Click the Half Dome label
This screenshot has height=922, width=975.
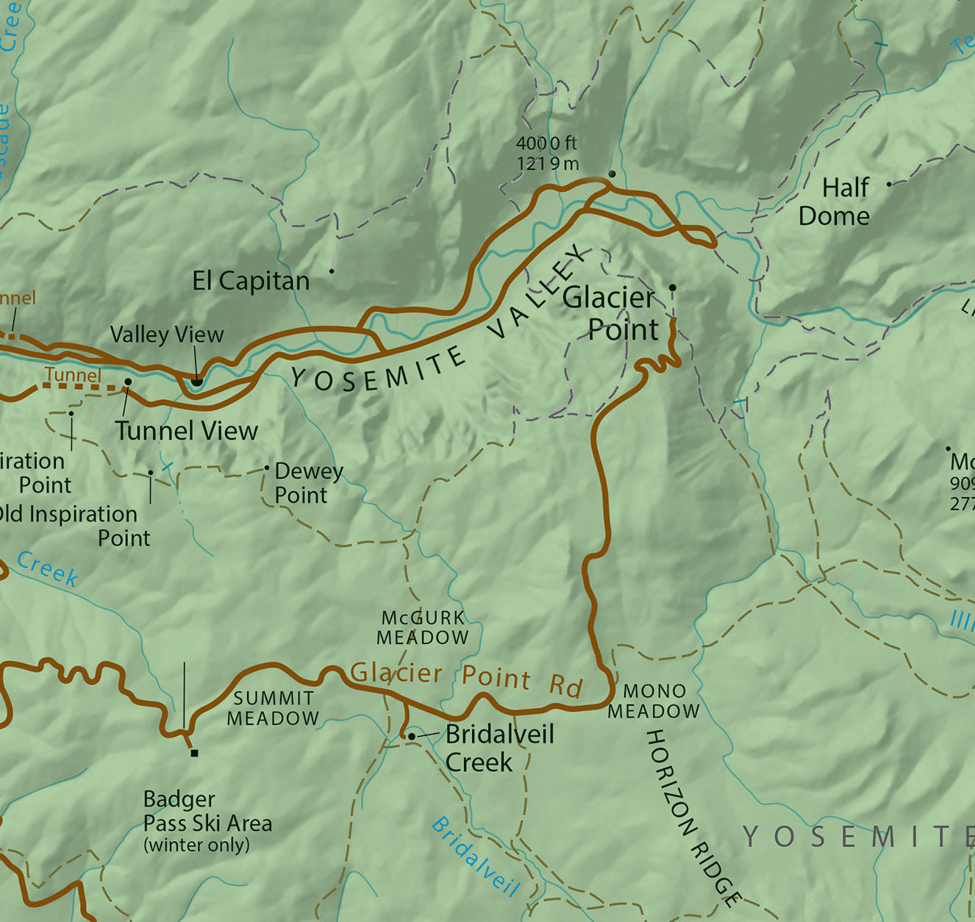click(x=835, y=202)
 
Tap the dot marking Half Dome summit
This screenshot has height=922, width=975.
click(x=890, y=184)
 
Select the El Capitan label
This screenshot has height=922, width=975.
click(x=251, y=281)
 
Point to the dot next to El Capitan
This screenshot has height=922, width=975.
click(x=332, y=271)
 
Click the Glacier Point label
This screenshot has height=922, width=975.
click(x=610, y=314)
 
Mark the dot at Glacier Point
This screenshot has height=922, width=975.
click(x=672, y=287)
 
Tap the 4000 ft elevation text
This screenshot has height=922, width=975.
click(x=547, y=153)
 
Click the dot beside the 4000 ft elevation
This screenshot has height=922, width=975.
click(x=612, y=174)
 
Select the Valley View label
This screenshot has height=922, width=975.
click(x=167, y=335)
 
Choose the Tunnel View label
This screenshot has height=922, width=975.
click(x=186, y=431)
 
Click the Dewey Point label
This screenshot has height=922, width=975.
click(x=308, y=483)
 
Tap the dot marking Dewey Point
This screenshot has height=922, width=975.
click(x=267, y=468)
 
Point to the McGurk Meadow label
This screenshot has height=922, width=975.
click(x=423, y=628)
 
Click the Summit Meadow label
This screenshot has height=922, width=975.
click(x=273, y=708)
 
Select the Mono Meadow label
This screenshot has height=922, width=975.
click(x=654, y=701)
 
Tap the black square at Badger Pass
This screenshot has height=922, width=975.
click(x=194, y=753)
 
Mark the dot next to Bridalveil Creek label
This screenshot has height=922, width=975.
click(x=412, y=736)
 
